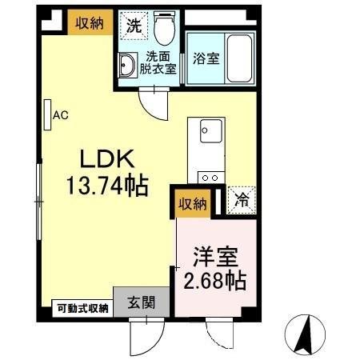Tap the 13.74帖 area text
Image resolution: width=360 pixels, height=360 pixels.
point(106,186)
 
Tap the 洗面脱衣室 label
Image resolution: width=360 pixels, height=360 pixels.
point(158,62)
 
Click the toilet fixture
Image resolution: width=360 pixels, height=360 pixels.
point(166,30)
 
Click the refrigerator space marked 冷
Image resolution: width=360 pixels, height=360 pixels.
point(241,201)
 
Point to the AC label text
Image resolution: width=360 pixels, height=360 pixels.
point(61,115)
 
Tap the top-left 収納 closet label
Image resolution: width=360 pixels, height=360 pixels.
point(89,23)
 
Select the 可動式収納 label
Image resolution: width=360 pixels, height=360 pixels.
point(82,307)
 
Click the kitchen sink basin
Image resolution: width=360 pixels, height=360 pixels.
point(208,129)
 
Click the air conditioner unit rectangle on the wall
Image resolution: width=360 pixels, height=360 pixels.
point(47,115)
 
